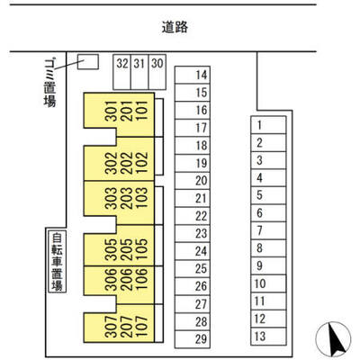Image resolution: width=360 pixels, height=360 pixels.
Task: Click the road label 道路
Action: (x=175, y=27)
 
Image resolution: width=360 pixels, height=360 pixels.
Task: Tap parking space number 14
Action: (x=193, y=75)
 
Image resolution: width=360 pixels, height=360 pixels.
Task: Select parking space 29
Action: (x=193, y=339)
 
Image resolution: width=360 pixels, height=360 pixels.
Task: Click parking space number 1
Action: (x=268, y=125)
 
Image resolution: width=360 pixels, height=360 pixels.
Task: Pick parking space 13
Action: (x=268, y=337)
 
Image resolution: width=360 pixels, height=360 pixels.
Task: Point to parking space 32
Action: (x=122, y=72)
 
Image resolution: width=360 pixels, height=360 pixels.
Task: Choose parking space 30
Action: (x=157, y=72)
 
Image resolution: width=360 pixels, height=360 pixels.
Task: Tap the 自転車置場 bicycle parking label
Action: (x=57, y=262)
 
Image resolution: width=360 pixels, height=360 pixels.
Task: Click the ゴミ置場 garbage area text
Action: (x=49, y=83)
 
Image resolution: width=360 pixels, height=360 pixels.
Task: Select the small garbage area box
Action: (x=88, y=62)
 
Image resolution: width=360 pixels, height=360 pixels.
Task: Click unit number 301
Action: (x=112, y=111)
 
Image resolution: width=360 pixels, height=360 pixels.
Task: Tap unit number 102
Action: (x=142, y=163)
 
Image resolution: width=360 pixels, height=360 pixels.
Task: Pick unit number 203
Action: (x=127, y=198)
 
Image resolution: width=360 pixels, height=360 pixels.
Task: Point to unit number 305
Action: (x=112, y=249)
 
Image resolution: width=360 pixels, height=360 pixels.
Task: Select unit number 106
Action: (x=142, y=279)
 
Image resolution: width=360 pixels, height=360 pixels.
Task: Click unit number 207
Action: (x=127, y=327)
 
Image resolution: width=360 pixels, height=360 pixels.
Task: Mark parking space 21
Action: (x=193, y=198)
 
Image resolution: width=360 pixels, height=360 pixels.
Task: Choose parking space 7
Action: (x=268, y=230)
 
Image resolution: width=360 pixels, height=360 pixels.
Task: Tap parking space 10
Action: (x=268, y=283)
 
